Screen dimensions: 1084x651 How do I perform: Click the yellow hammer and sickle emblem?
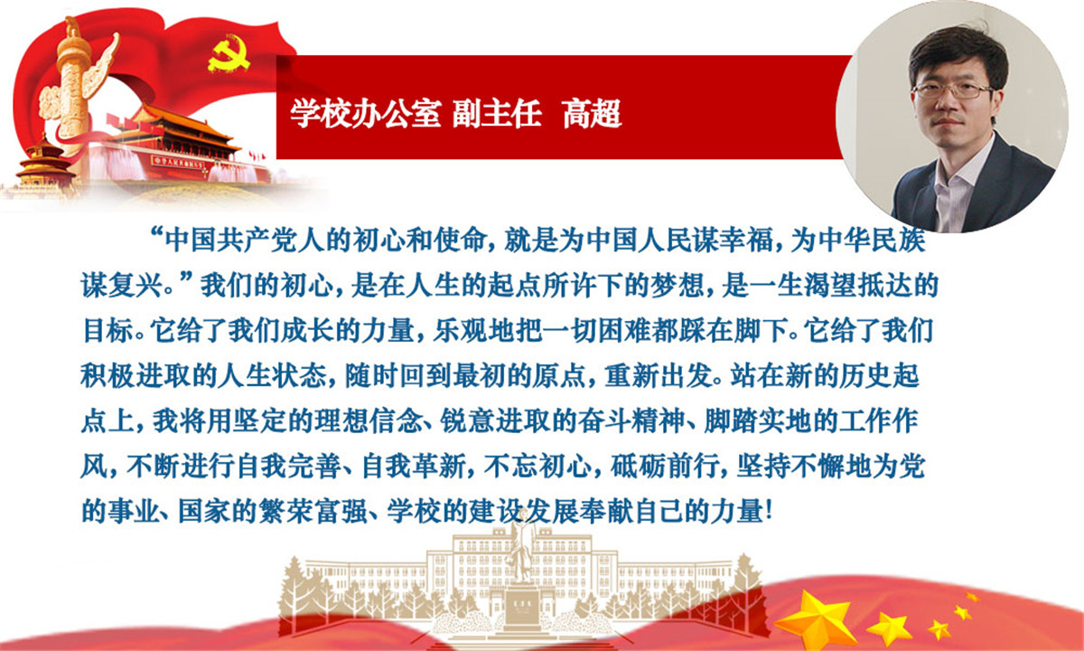[x=228, y=55]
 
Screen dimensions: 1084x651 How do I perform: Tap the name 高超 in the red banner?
[x=592, y=114]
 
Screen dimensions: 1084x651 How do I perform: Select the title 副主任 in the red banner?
[x=497, y=114]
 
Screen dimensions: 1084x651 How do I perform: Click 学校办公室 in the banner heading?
[x=365, y=114]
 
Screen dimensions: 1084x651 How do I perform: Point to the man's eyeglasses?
[x=952, y=90]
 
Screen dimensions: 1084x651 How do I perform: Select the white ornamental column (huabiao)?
[x=73, y=87]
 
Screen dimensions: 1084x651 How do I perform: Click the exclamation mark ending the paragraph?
[x=769, y=512]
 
